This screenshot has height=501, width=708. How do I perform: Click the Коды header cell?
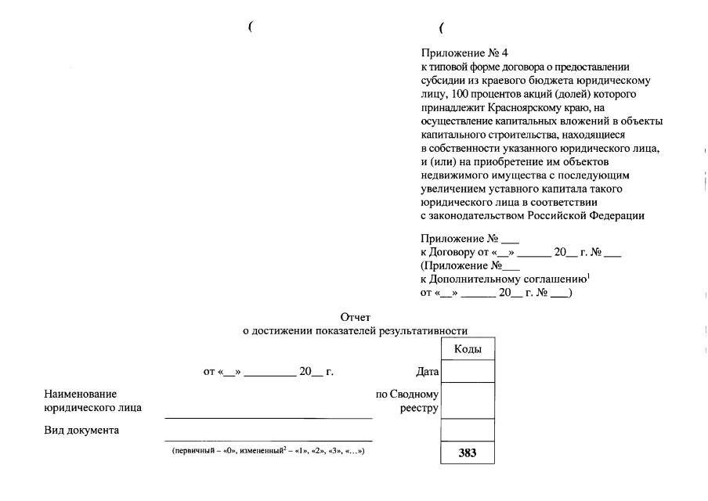tap(468, 349)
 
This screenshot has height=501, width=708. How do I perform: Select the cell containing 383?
tap(468, 453)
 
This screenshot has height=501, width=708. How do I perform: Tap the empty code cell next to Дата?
tap(468, 371)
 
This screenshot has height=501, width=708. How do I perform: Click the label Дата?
tap(427, 372)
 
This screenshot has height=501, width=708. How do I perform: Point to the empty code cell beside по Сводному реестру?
tap(468, 400)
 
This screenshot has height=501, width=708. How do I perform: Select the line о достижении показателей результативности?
tap(360, 331)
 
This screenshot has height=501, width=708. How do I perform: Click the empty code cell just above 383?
tap(468, 430)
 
